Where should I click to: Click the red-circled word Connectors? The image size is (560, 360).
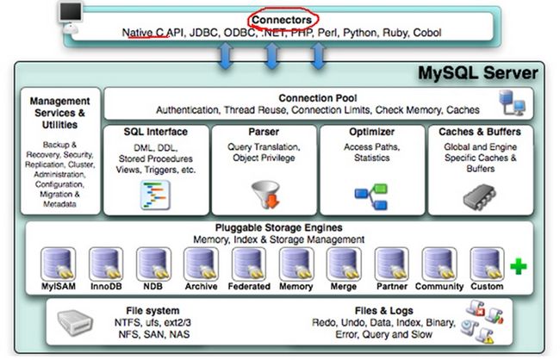tap(282, 20)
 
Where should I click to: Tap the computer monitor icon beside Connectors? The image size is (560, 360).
tap(71, 17)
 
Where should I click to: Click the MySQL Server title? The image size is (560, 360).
tap(478, 73)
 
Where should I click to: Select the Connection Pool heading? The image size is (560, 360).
tap(318, 98)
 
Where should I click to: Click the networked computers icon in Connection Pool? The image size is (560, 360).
tap(512, 102)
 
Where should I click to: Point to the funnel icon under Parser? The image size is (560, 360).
tap(266, 195)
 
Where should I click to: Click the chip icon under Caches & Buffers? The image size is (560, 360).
tap(480, 196)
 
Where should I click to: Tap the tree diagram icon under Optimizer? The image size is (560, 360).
tap(371, 196)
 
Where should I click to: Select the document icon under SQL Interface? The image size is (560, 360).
tap(155, 195)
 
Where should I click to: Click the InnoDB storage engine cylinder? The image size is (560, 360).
tap(106, 264)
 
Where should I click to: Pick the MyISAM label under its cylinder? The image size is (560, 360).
tap(59, 287)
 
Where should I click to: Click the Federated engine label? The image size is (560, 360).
tap(249, 287)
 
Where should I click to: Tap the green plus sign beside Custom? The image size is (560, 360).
tap(519, 266)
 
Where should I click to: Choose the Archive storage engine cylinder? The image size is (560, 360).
tap(201, 264)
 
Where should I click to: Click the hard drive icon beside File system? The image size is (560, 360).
tap(75, 322)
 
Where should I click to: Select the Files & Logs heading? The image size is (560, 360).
tap(384, 311)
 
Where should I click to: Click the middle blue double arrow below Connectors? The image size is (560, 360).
tap(272, 55)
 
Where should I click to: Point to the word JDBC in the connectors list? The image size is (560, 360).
tap(203, 33)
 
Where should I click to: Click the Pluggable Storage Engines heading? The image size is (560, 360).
tap(278, 228)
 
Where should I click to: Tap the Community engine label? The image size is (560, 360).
tap(439, 287)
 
